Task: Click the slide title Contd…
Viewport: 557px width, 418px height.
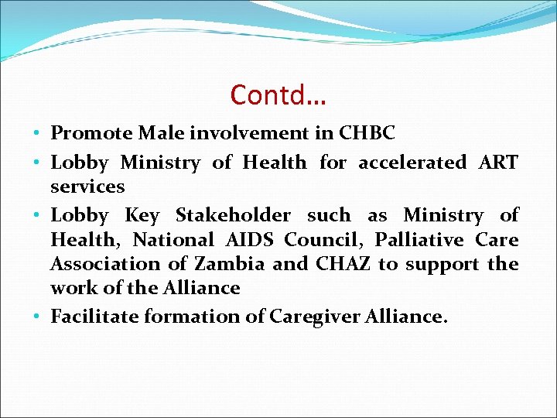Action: click(278, 95)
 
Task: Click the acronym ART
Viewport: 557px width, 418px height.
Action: click(498, 163)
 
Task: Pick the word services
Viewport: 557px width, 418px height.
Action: click(87, 187)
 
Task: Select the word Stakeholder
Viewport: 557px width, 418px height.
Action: click(233, 215)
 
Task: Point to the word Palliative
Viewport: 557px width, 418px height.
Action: click(419, 240)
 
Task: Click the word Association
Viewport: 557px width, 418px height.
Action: click(102, 264)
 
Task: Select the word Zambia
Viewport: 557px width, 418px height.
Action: click(228, 264)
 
